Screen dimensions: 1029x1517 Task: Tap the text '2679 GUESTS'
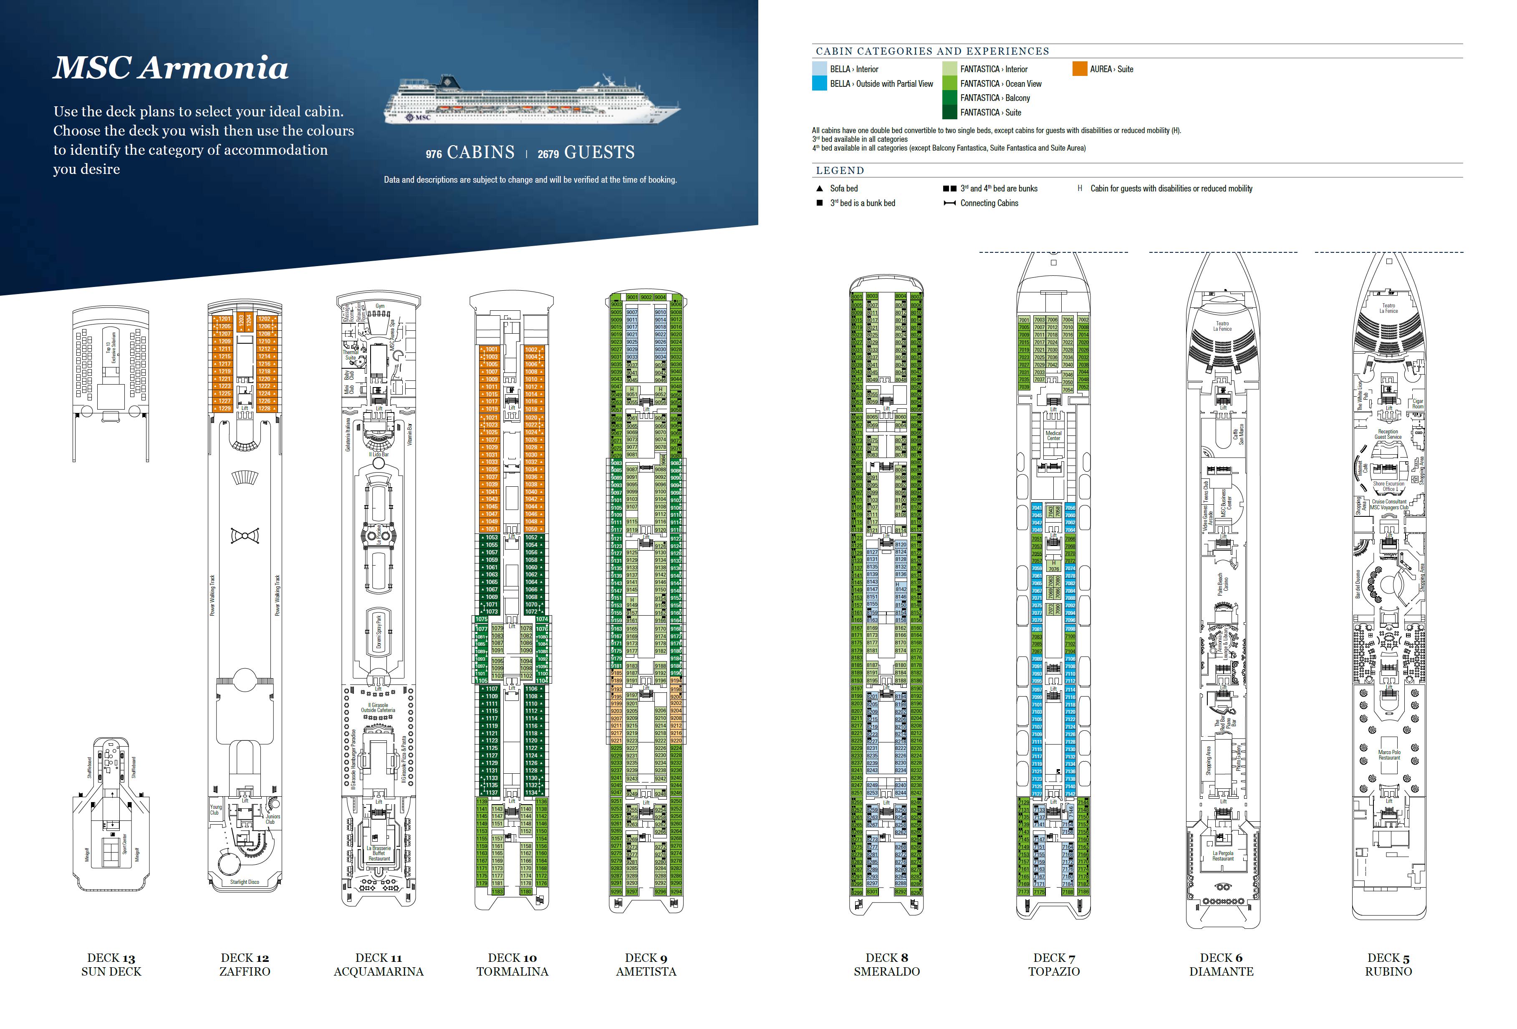pos(586,153)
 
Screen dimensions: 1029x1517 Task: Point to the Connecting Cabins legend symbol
pos(950,204)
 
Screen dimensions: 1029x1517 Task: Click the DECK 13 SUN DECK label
pos(111,964)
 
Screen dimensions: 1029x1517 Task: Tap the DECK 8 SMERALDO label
pos(886,964)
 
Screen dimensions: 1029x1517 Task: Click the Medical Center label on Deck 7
pos(1053,435)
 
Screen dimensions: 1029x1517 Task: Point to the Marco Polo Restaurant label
pos(1389,755)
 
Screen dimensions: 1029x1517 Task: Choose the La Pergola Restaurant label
pos(1223,855)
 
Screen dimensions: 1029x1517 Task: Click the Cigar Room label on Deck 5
pos(1418,404)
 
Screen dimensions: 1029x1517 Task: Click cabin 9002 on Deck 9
pos(646,297)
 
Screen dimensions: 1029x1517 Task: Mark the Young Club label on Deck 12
pos(215,809)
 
